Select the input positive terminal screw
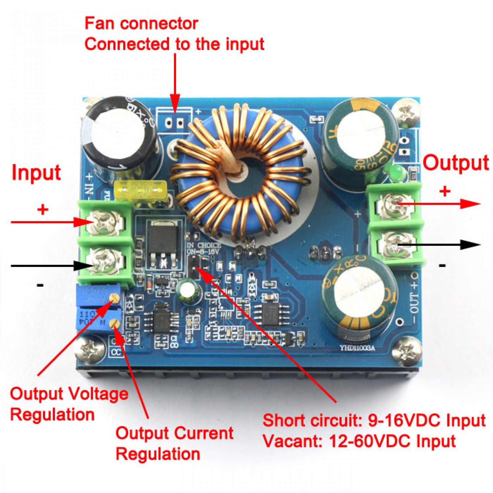[106, 223]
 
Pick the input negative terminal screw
[105, 262]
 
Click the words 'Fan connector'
[141, 24]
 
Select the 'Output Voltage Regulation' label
[69, 404]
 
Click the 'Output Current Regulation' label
[174, 443]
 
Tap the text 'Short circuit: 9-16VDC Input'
[374, 420]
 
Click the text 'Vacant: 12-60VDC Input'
[359, 441]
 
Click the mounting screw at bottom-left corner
[90, 349]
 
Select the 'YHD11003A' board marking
[357, 348]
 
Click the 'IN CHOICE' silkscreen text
[204, 246]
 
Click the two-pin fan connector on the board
[175, 123]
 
